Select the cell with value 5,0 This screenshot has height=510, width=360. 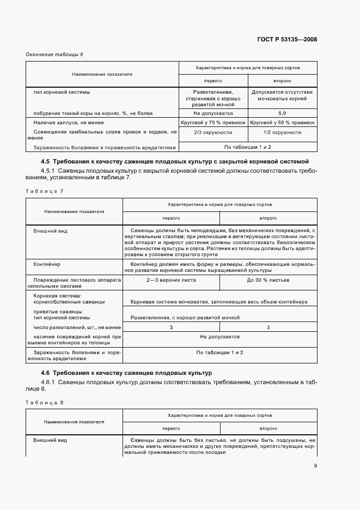pyautogui.click(x=282, y=113)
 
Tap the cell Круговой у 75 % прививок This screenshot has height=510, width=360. pyautogui.click(x=213, y=123)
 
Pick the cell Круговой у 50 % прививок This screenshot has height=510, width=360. pyautogui.click(x=282, y=123)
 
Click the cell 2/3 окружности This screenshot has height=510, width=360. pyautogui.click(x=213, y=132)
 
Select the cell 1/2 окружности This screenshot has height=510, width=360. pyautogui.click(x=282, y=132)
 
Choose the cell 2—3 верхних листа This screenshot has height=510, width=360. pyautogui.click(x=171, y=280)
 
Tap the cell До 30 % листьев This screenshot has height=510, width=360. pyautogui.click(x=268, y=280)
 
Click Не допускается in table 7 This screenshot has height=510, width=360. pyautogui.click(x=219, y=337)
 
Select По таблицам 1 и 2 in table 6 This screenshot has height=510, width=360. pyautogui.click(x=247, y=147)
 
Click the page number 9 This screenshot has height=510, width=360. pyautogui.click(x=315, y=465)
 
